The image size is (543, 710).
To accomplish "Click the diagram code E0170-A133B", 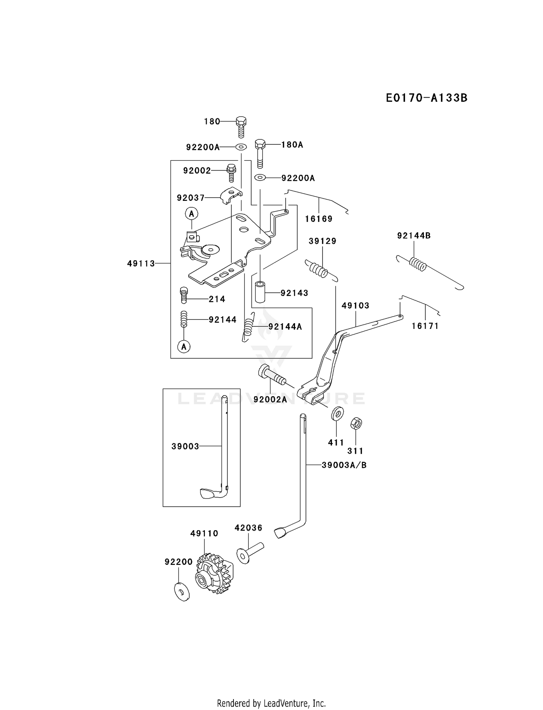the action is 426,98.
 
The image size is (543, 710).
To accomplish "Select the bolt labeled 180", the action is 241,127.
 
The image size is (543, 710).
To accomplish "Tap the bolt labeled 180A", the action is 260,153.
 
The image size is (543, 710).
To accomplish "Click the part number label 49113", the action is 141,264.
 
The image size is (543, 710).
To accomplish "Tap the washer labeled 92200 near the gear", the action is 182,592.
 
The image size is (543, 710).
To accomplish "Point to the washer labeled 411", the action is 337,413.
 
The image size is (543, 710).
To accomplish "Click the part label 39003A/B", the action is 344,465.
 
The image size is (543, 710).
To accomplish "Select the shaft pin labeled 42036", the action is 250,552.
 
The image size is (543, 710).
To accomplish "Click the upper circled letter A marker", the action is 192,214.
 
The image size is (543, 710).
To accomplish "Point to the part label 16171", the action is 425,326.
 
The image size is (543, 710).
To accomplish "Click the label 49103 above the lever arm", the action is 355,305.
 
